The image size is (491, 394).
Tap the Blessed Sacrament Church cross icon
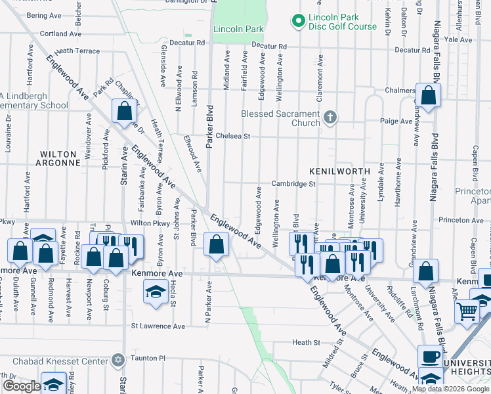coord(330,118)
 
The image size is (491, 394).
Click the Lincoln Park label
coord(238,29)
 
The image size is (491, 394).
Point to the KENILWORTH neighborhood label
coord(340,171)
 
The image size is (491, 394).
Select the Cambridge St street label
coord(295,185)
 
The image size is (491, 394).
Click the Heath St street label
coord(306,343)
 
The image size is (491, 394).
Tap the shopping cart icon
coord(467,311)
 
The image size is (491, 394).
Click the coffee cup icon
coord(431,357)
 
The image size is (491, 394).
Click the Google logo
coord(21,386)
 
